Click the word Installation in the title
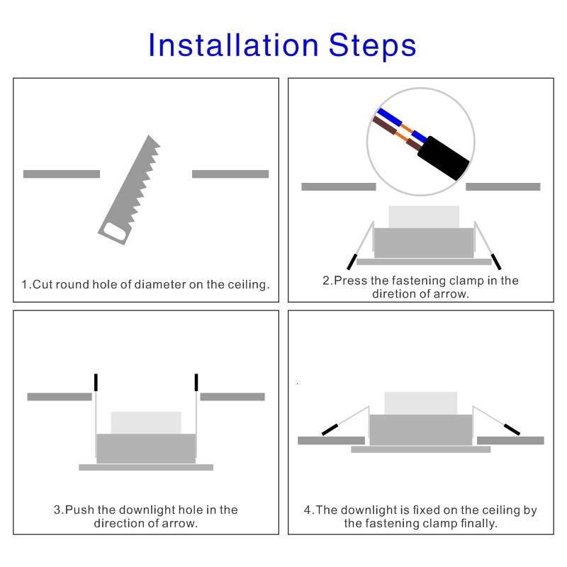coord(233,45)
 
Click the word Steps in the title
coord(373,45)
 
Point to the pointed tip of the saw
coord(149,135)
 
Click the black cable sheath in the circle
coord(444,158)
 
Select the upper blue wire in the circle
coord(389,116)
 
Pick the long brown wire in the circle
coord(384,125)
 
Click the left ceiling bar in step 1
coord(62,174)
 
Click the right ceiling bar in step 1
coord(230,174)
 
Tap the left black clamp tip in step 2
coord(352,262)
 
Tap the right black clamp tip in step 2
coord(496,262)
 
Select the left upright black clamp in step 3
coord(96,382)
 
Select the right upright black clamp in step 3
coord(196,382)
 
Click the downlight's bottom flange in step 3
coord(146,467)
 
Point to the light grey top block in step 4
coord(421,403)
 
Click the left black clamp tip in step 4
coord(330,430)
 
